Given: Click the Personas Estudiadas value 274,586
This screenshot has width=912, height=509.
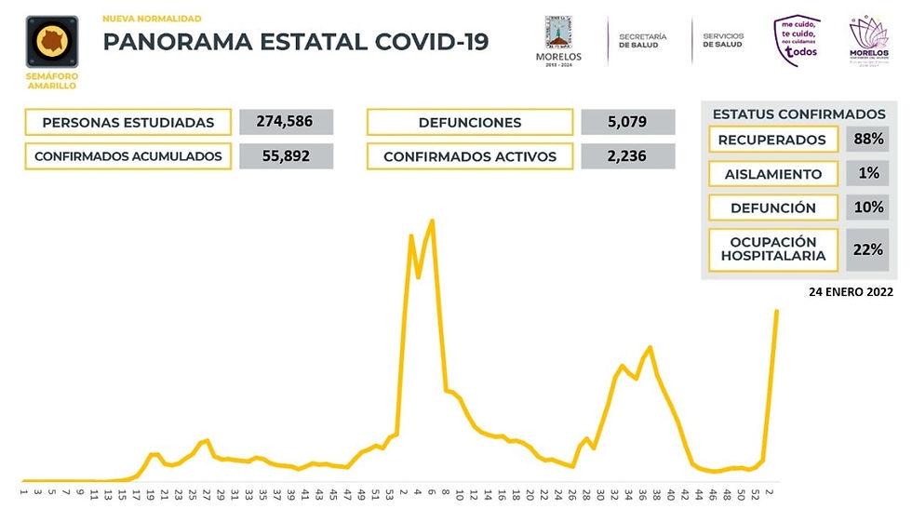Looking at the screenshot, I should pos(286,122).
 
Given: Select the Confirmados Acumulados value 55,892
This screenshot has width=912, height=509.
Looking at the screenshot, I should pos(286,156).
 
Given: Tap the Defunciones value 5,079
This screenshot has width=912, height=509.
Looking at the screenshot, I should pos(627,122).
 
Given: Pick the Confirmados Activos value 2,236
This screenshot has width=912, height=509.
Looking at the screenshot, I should pos(627,156).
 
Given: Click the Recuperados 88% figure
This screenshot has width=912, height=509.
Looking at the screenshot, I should pos(867,140).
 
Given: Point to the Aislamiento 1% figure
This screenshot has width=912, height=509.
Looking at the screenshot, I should pos(867,174).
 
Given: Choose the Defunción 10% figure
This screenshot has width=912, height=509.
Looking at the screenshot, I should pos(867,208).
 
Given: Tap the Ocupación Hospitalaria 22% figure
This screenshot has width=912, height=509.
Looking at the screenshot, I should pos(867,249).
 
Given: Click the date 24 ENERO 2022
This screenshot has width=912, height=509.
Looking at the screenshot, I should pos(851,291).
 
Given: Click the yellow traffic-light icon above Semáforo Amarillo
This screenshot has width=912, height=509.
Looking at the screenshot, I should pos(50,43).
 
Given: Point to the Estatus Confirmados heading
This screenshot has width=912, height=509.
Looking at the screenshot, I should pos(798,114).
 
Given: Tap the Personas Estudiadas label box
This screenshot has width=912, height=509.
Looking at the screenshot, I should pos(127,122).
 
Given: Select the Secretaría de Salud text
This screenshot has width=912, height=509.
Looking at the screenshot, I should pos(643,39).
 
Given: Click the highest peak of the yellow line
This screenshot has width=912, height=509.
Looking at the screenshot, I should pos(433,221).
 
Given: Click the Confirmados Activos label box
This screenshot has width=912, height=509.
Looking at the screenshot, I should pos(469,156).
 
